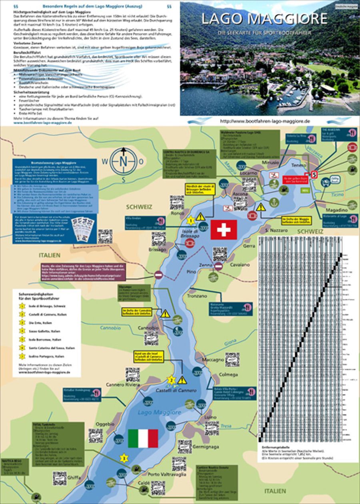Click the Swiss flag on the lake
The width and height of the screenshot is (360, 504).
pyautogui.click(x=224, y=230)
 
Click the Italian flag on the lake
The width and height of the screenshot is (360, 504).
pyautogui.click(x=143, y=438)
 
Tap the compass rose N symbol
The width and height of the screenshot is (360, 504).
pyautogui.click(x=123, y=161)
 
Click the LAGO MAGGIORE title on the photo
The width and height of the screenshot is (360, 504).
pyautogui.click(x=264, y=19)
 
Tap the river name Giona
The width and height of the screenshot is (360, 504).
pyautogui.click(x=230, y=342)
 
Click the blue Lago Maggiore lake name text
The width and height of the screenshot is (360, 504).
pyautogui.click(x=159, y=412)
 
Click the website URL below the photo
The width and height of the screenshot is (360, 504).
pyautogui.click(x=265, y=121)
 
